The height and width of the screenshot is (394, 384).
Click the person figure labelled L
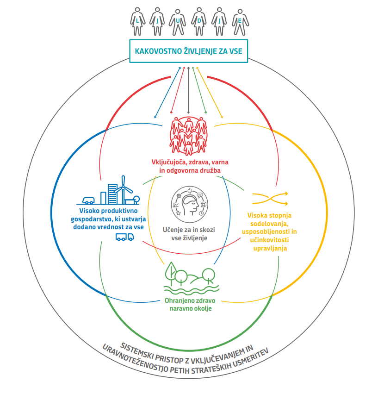click(137, 21)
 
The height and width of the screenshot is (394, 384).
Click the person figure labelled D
click(199, 21)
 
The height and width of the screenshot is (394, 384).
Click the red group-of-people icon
click(189, 135)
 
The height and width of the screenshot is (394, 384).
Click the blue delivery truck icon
click(124, 237)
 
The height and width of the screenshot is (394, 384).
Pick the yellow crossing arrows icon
click(270, 198)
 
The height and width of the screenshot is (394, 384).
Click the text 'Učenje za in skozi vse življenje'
click(189, 234)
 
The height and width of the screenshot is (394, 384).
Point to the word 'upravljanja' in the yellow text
click(270, 248)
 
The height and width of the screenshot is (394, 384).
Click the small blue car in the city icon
click(87, 200)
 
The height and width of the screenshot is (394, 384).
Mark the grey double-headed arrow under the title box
click(188, 90)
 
